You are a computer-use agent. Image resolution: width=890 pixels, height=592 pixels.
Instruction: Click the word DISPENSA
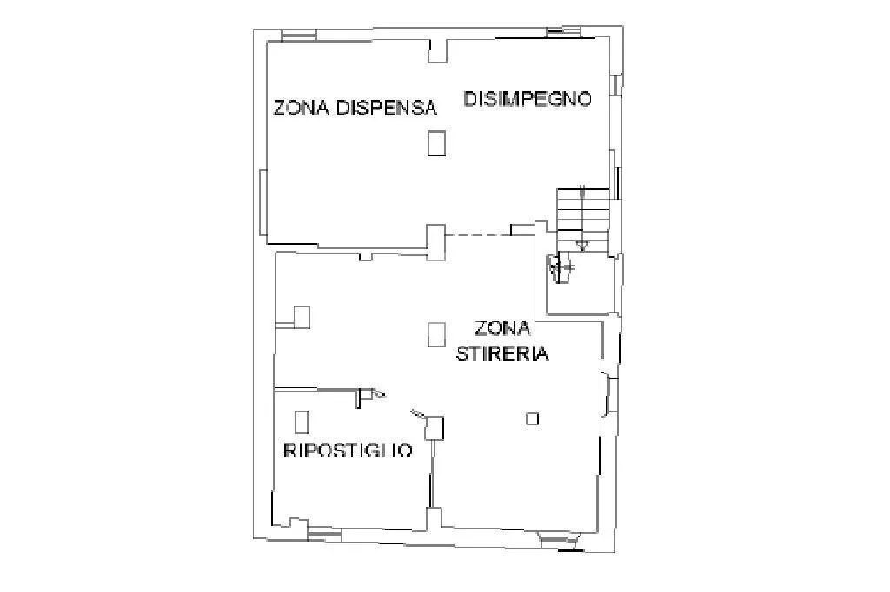coord(387,108)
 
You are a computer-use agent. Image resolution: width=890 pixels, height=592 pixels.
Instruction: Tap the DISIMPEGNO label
coord(528,99)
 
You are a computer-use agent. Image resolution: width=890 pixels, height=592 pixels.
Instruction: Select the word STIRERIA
coord(502,354)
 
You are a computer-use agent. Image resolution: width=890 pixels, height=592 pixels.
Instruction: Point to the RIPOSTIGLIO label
coord(348,451)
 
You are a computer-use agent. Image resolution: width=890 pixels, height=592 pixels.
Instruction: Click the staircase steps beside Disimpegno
coord(583,219)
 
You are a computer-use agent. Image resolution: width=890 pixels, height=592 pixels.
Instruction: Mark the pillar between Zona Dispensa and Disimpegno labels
coord(436,142)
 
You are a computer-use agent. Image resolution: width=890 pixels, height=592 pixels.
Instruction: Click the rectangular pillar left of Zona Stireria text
coord(436,334)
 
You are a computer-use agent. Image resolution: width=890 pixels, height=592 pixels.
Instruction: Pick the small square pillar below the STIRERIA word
coord(533,419)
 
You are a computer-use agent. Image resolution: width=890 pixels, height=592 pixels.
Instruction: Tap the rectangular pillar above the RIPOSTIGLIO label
coord(302,422)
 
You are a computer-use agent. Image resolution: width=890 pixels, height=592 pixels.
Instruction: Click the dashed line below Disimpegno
coord(478,235)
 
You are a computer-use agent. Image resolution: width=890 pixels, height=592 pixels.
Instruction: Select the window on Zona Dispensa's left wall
coord(263,202)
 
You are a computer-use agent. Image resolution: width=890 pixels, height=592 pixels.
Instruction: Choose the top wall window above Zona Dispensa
coord(299,36)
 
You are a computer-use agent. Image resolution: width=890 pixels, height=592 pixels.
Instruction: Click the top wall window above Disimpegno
coord(563,32)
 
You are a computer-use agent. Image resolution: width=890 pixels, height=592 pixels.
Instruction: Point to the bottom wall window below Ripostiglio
coord(325,534)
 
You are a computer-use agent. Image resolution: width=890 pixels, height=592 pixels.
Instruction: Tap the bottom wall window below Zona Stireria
coord(558,541)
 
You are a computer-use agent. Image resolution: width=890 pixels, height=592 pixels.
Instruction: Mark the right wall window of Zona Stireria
coord(606,393)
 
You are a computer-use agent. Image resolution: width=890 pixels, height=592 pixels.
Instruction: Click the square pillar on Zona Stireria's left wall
coord(302,317)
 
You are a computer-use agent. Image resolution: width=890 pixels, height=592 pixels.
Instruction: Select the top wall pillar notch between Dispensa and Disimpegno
coord(438,50)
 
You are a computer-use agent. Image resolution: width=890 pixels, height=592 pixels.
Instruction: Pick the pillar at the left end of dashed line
coord(436,242)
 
